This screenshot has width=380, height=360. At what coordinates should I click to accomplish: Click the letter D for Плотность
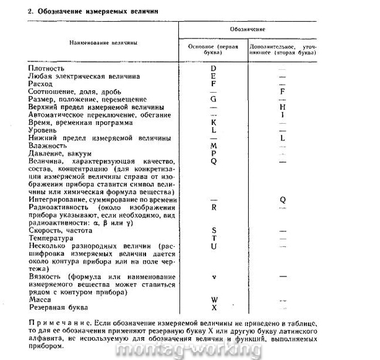click(213, 68)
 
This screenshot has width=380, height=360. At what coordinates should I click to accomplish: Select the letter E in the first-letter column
click(213, 76)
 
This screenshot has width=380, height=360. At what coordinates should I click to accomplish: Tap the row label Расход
click(41, 84)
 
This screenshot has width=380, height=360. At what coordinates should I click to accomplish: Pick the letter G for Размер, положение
click(213, 99)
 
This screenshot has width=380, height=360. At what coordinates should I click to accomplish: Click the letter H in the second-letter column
click(282, 107)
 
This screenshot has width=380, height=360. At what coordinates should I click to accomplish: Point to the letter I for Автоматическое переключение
click(282, 114)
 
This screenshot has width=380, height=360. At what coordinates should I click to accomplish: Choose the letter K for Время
click(213, 122)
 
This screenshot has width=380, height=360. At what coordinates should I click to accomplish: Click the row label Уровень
click(44, 130)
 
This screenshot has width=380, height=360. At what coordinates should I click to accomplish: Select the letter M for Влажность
click(213, 145)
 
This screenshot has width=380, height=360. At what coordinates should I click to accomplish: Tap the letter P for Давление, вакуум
click(213, 153)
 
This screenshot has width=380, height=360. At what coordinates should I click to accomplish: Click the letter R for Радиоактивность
click(213, 207)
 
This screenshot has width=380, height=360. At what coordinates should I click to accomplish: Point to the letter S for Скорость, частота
click(213, 230)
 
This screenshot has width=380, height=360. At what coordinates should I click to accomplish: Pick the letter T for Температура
click(213, 238)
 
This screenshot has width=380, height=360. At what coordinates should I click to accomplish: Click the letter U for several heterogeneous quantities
click(213, 246)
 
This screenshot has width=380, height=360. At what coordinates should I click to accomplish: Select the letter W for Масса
click(214, 300)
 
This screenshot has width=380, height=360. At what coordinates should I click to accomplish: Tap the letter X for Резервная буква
click(214, 307)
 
